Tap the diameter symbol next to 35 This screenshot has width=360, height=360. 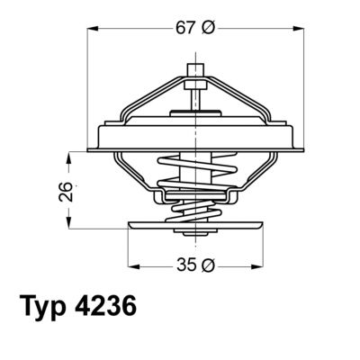click(x=208, y=265)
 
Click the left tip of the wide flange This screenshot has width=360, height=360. click(x=91, y=147)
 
